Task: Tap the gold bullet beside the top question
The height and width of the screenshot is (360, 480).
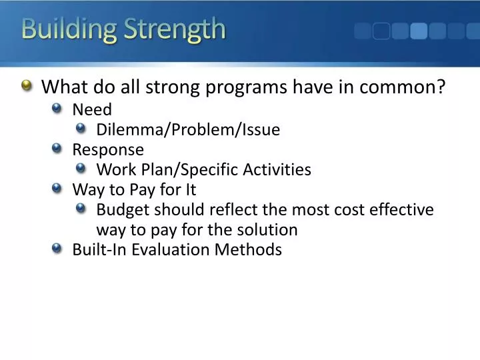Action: (x=26, y=86)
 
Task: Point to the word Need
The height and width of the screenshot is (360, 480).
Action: (x=92, y=109)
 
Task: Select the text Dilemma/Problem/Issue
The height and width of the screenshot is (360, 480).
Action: (x=188, y=129)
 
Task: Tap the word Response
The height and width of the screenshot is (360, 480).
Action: (x=108, y=149)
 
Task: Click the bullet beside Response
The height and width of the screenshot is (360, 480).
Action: (x=57, y=149)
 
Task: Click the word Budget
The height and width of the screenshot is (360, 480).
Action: (x=123, y=209)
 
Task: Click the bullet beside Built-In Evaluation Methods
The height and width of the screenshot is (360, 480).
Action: (x=57, y=249)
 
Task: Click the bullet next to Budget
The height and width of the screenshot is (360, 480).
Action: (x=81, y=209)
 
